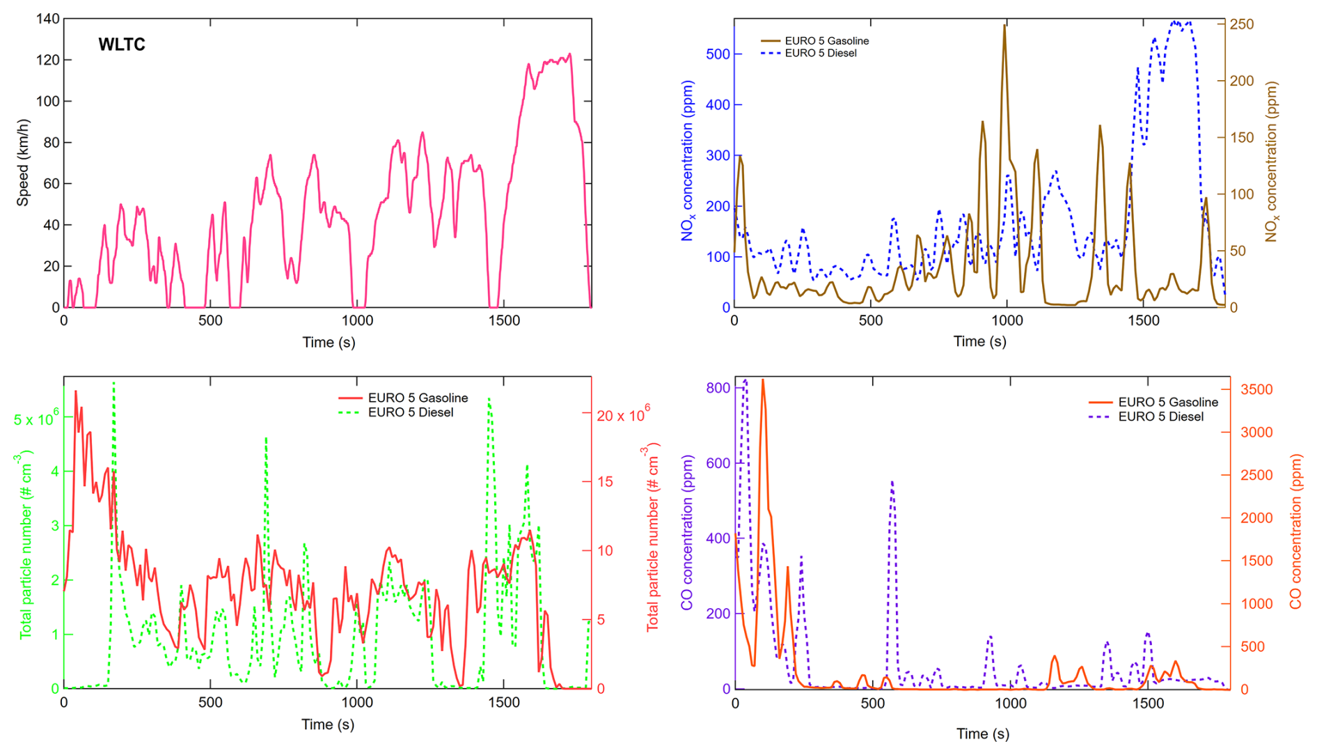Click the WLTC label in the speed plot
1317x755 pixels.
pos(122,45)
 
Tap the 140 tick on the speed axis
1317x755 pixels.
pos(48,20)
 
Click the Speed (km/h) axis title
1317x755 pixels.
pos(23,163)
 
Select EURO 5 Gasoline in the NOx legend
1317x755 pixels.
pos(826,41)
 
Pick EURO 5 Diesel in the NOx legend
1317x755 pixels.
pos(821,53)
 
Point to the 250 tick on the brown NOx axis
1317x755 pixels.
pos(1242,24)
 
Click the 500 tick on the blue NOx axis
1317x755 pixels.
pos(718,54)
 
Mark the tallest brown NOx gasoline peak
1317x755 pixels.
pos(1004,26)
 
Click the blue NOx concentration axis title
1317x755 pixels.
pos(688,161)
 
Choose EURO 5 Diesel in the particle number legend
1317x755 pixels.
pos(411,413)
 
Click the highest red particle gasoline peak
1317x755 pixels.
pos(76,392)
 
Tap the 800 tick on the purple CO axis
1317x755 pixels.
pos(718,388)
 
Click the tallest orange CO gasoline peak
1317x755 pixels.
pos(763,381)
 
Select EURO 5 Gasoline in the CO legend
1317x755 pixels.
pos(1168,403)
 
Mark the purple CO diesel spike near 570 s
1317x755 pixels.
pos(892,482)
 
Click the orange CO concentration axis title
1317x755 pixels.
pos(1295,532)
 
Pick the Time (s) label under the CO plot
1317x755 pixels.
pos(982,733)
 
